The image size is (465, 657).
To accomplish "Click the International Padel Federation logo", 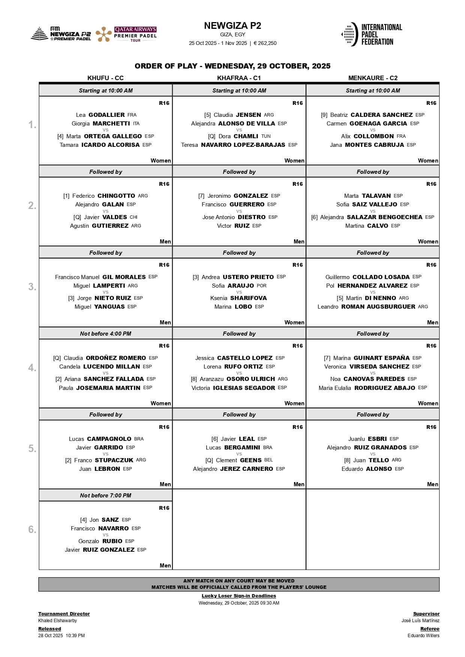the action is coord(372,34).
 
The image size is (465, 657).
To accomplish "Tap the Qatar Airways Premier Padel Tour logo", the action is coord(126,34).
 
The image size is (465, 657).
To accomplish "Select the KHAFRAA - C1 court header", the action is coord(239,78).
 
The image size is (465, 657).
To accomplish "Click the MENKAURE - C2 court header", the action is coord(373,78).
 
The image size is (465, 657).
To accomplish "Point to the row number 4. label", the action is coord(32,367).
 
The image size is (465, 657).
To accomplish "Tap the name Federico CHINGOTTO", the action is coord(103,196).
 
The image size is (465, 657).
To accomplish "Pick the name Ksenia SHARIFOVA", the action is coord(238,298).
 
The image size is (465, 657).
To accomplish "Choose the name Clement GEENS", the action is coord(238,460).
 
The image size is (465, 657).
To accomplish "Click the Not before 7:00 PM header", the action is coord(105,496).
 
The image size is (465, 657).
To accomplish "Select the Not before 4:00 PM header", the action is coord(105,334).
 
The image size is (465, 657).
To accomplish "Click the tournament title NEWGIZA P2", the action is coord(232,26).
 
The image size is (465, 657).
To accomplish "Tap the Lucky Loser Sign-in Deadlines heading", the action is coord(239,596).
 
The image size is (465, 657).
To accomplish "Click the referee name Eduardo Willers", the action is coord(423,636).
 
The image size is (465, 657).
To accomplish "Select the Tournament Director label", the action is coord(64,614).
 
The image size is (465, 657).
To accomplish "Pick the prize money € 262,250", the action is coord(265,43).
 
